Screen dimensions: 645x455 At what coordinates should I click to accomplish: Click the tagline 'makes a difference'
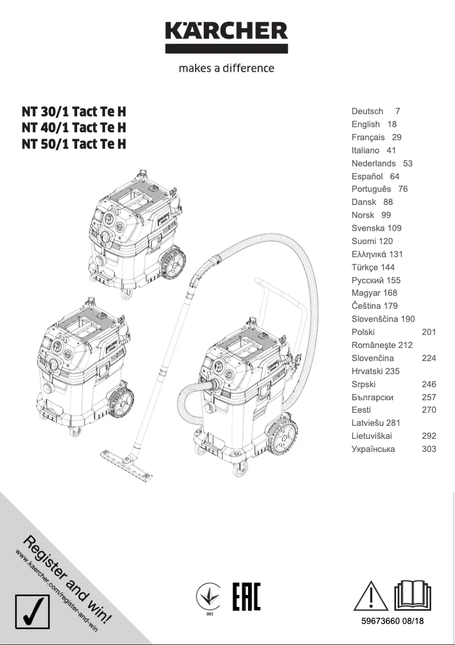[226, 68]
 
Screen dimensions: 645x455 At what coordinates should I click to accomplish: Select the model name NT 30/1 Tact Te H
[74, 111]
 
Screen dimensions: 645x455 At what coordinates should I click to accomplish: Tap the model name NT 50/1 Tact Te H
[74, 144]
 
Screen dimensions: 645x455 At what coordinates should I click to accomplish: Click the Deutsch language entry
[367, 111]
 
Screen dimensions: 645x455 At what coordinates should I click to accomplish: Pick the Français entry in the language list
[368, 137]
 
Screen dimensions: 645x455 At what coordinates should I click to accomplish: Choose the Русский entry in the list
[368, 280]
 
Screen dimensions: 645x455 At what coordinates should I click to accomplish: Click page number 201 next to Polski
[429, 332]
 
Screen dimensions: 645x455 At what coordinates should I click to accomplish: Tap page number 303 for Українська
[429, 449]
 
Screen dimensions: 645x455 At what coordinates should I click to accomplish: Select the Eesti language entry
[361, 410]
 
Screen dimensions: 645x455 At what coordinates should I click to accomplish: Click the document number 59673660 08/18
[393, 621]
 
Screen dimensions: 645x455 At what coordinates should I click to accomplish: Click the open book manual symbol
[413, 596]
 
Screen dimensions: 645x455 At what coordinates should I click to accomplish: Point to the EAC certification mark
[247, 597]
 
